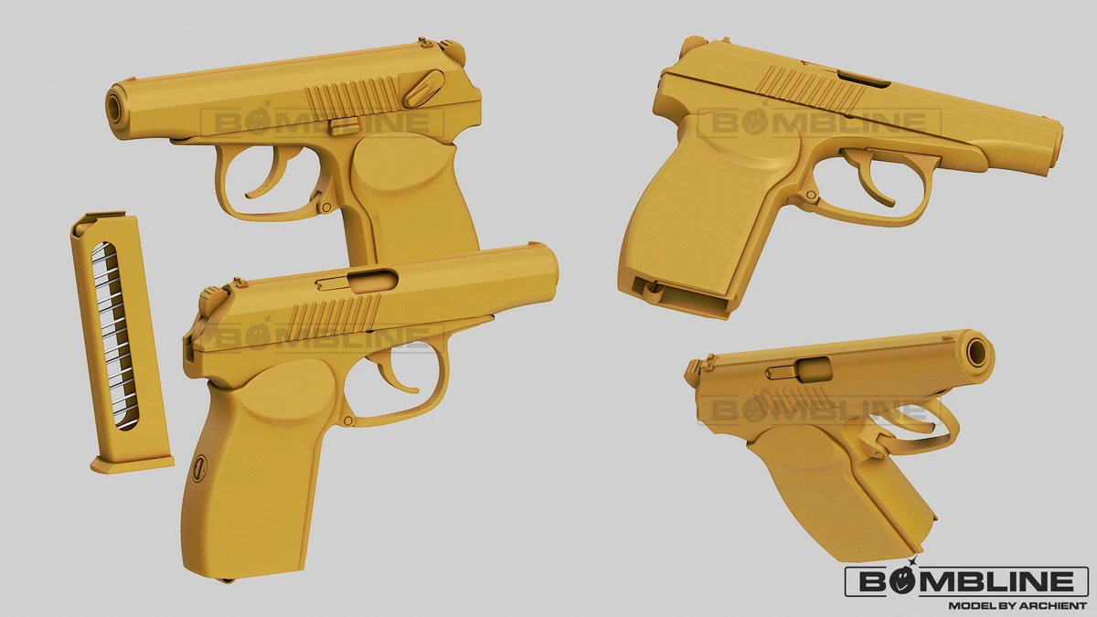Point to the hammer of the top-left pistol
pyautogui.click(x=453, y=50)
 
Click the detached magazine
pyautogui.click(x=121, y=342)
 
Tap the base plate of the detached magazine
pyautogui.click(x=133, y=463)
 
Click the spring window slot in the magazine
pyautogui.click(x=115, y=336)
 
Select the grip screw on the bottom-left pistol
pyautogui.click(x=199, y=468)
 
